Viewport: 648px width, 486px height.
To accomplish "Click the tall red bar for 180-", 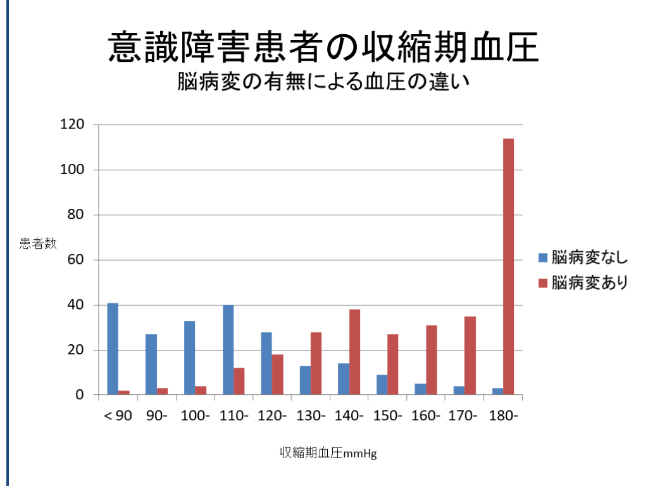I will tap(508, 266).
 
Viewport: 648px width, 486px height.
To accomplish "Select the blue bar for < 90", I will tap(113, 349).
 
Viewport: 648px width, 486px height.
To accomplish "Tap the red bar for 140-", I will tap(354, 352).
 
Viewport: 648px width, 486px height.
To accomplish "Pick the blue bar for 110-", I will tap(228, 350).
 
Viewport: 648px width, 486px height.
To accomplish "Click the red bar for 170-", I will tap(470, 356).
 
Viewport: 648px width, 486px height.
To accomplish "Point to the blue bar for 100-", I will tap(189, 358).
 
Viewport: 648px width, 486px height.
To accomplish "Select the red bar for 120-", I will tap(277, 375).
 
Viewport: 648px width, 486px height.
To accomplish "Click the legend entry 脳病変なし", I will tap(582, 258).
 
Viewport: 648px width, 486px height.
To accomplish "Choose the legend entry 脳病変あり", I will tap(582, 282).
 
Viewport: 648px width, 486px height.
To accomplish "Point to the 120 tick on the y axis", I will tap(72, 125).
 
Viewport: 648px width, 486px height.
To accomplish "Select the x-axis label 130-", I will tap(311, 416).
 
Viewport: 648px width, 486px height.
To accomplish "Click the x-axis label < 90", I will tap(118, 416).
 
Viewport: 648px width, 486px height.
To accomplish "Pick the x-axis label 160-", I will tap(426, 416).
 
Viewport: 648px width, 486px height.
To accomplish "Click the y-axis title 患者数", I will tap(38, 242).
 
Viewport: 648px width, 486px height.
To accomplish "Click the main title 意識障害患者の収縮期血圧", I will tap(323, 47).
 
